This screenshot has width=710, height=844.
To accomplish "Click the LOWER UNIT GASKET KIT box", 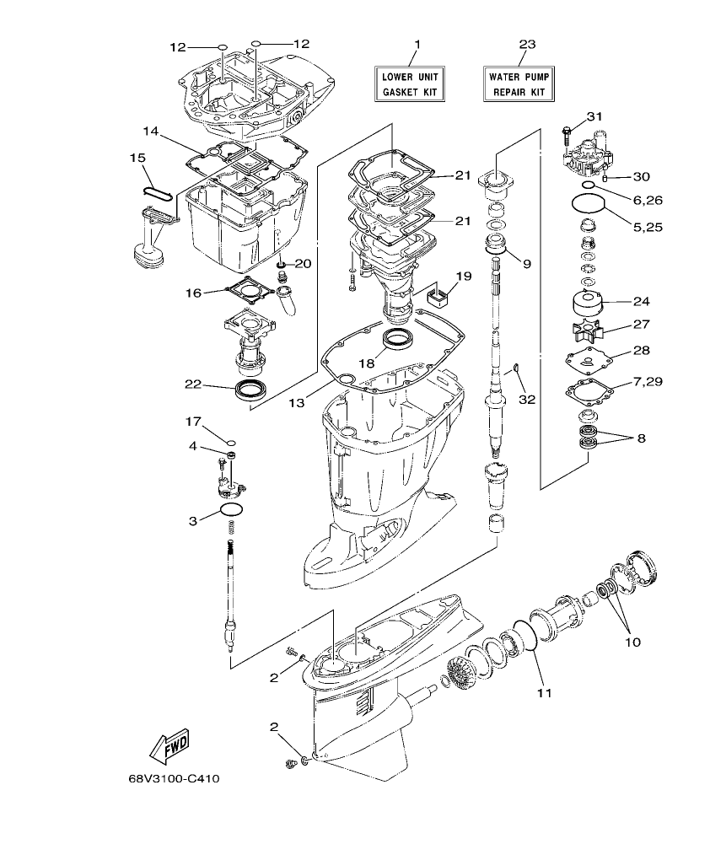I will tap(410, 83).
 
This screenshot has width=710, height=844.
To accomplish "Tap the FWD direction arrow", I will tap(169, 746).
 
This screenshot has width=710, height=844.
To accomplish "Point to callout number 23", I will tap(527, 43).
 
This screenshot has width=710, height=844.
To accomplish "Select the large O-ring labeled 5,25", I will tap(587, 204).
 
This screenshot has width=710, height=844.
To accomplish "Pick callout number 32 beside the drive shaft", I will tap(527, 399).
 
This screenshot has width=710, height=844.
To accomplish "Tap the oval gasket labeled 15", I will tap(157, 191).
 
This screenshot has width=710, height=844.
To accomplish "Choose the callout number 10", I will tap(632, 642).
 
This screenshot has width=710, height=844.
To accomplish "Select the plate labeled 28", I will tap(587, 358).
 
